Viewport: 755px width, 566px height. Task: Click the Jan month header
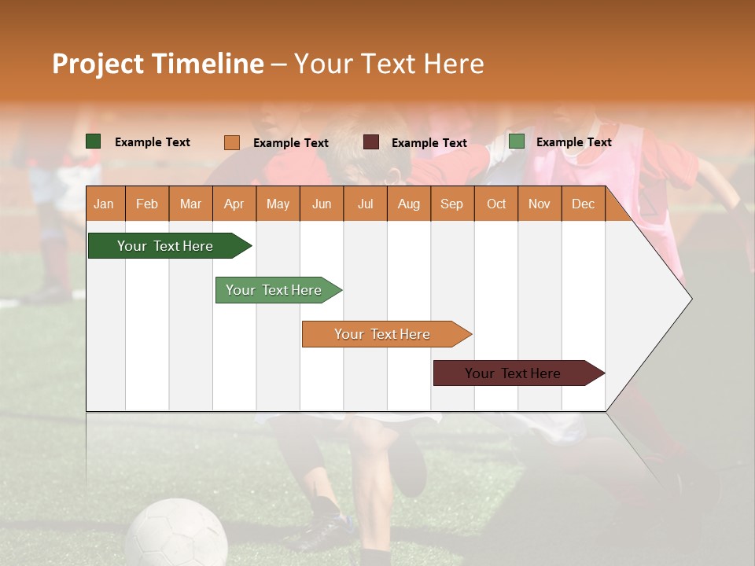click(104, 204)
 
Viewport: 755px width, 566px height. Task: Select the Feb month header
click(147, 204)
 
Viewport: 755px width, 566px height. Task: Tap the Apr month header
click(234, 204)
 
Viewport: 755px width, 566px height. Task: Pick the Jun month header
click(322, 204)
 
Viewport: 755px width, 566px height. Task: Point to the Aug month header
click(408, 204)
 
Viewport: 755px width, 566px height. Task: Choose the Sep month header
click(451, 204)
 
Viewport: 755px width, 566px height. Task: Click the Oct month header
click(496, 204)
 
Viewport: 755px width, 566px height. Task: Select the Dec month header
click(583, 204)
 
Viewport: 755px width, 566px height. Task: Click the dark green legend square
click(94, 141)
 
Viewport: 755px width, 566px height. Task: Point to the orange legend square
click(232, 142)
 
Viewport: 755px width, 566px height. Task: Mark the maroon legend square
click(371, 142)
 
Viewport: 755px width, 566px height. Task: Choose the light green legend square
click(517, 141)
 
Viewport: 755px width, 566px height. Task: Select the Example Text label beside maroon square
click(429, 143)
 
